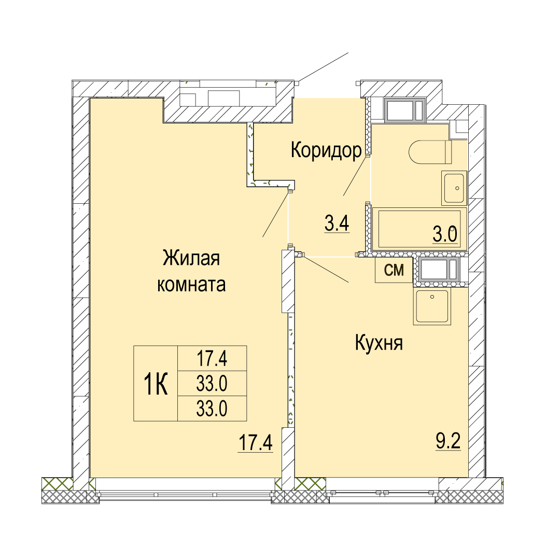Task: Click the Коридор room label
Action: tap(326, 150)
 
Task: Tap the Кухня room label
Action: tap(379, 343)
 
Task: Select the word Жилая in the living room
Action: tap(191, 258)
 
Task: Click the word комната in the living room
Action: tap(191, 285)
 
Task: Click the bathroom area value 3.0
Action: tap(445, 235)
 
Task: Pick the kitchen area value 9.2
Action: tap(448, 442)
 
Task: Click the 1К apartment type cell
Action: tap(156, 384)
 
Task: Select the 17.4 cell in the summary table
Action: tap(212, 358)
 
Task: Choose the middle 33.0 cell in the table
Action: tap(212, 383)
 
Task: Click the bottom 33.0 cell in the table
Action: tap(212, 409)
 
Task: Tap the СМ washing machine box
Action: tap(394, 270)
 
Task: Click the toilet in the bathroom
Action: tap(430, 152)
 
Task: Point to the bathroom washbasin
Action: tap(454, 188)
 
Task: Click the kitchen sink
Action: tap(432, 307)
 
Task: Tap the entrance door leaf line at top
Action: tap(323, 67)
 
